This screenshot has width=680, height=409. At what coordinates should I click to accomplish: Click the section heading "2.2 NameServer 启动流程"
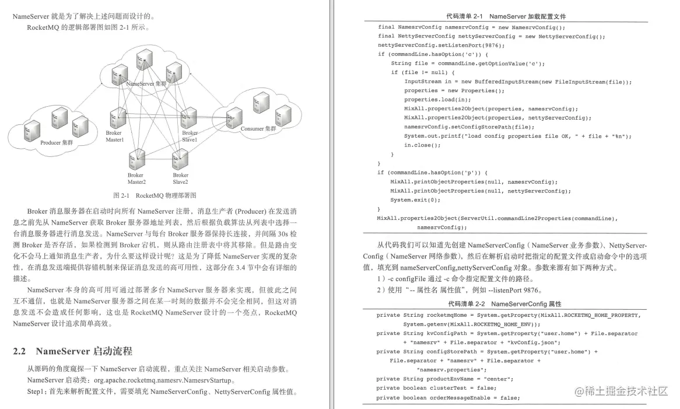[x=72, y=351]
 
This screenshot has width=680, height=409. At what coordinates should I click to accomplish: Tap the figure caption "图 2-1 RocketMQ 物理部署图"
[x=155, y=195]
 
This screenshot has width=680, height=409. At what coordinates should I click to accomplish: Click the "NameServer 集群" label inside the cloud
[x=146, y=83]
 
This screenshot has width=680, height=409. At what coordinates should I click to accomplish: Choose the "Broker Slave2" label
[x=181, y=178]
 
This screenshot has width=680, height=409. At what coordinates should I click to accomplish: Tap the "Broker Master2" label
[x=136, y=178]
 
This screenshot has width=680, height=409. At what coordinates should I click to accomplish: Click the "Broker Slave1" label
[x=190, y=137]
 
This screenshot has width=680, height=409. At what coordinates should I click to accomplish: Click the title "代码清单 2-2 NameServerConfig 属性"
[x=504, y=304]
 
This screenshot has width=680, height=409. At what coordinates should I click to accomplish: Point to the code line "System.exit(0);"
[x=416, y=200]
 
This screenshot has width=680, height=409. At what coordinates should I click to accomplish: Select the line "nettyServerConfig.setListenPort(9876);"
[x=441, y=45]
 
